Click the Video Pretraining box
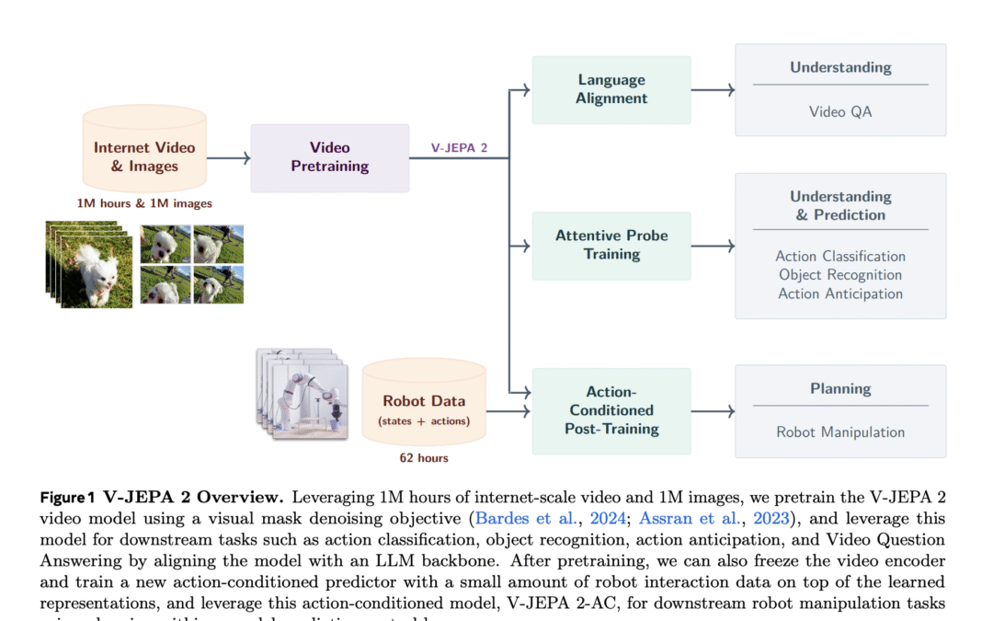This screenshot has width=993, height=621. (329, 157)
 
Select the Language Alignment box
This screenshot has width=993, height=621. (611, 89)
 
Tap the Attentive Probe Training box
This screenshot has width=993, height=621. (611, 245)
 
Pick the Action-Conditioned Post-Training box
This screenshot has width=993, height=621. (611, 410)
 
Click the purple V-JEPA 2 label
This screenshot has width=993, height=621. (459, 147)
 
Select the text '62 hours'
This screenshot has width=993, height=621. (423, 457)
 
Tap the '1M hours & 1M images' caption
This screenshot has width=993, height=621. (144, 203)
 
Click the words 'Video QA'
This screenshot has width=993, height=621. (840, 112)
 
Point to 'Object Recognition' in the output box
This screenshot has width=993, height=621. (840, 275)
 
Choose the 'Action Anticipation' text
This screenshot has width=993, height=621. (840, 294)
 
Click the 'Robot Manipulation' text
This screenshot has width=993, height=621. (840, 432)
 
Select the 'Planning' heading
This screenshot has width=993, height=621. (840, 389)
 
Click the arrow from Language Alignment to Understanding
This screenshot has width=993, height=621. (713, 89)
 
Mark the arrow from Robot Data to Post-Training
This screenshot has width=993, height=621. (508, 411)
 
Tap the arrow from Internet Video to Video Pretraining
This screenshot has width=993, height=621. (228, 158)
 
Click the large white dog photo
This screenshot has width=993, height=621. (92, 267)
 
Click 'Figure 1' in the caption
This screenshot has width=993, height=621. (67, 498)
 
